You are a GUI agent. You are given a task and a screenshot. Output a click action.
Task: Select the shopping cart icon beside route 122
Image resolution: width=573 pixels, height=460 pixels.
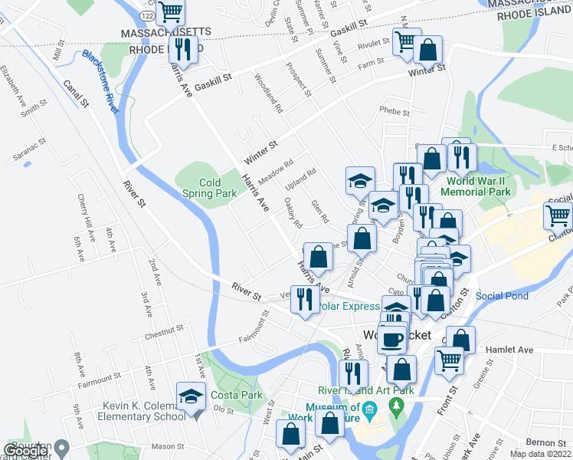coord(172,11)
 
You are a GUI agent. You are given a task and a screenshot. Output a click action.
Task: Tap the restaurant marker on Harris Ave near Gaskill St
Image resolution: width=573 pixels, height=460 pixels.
coord(182,50)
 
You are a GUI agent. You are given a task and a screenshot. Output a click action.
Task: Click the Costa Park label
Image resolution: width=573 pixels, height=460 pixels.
coord(243,394)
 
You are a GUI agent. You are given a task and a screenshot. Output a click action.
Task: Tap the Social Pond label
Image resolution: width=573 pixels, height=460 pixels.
coord(502,295)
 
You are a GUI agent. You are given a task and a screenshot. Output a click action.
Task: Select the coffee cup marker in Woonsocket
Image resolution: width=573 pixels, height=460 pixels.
coord(391,338)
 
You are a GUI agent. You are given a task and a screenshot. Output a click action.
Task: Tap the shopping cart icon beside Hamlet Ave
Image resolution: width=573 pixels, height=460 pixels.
coord(449,360)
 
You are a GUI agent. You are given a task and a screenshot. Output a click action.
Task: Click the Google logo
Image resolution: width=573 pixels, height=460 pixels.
coord(25,451)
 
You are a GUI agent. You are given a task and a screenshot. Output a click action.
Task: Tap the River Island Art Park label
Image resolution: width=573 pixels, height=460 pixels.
coord(366,389)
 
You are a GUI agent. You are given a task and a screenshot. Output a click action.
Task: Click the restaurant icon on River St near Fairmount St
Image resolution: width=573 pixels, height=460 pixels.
coord(305,297)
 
